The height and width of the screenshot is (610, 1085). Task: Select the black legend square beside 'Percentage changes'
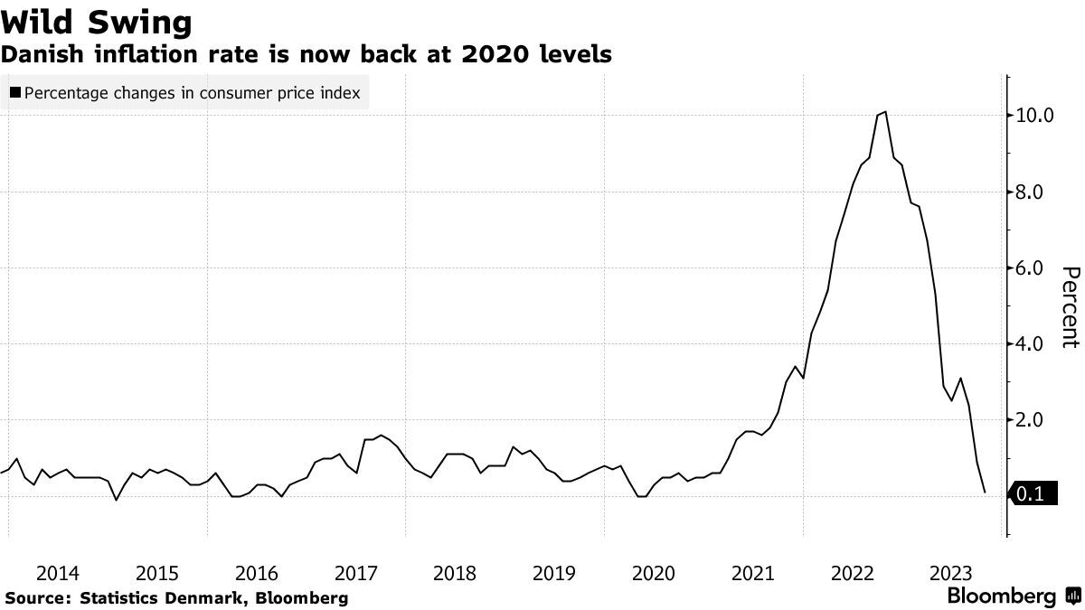(15, 92)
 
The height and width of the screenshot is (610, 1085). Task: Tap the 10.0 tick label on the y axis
(1034, 116)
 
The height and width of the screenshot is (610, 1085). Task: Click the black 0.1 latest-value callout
(1033, 494)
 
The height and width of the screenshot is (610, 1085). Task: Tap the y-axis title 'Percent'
(1071, 306)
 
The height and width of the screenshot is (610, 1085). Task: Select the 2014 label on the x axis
(58, 573)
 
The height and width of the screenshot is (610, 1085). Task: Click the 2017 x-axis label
(355, 573)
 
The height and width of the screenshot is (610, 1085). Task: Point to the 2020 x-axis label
(654, 573)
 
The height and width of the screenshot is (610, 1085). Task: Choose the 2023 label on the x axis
(951, 573)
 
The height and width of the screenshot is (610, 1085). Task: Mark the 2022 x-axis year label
(852, 573)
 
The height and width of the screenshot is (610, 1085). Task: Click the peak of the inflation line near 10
(884, 112)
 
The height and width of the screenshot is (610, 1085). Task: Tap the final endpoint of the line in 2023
(984, 493)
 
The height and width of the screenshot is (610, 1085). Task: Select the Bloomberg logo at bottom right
(1013, 596)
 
